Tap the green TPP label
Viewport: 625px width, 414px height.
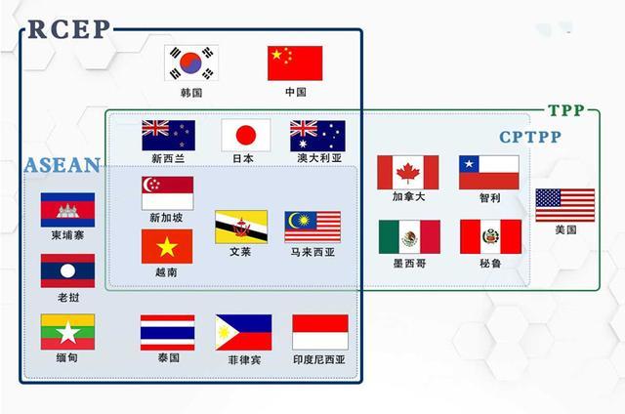(565, 111)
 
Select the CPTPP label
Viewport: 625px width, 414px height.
(529, 138)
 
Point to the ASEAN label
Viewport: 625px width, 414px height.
(62, 165)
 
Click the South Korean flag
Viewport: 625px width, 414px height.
(190, 63)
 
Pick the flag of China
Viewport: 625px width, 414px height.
(295, 63)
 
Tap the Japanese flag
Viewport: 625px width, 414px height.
(244, 135)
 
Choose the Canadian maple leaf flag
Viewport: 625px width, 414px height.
(408, 173)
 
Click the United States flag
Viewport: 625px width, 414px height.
(564, 205)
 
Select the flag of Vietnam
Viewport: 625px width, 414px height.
(167, 247)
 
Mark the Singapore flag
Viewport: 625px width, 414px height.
(167, 192)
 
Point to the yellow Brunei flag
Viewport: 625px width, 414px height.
(241, 228)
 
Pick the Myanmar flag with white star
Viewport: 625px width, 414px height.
(67, 332)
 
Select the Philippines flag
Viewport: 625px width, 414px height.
(243, 332)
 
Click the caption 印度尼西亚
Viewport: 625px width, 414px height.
(320, 358)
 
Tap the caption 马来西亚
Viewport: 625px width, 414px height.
(312, 252)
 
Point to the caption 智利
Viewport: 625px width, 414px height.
(489, 197)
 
